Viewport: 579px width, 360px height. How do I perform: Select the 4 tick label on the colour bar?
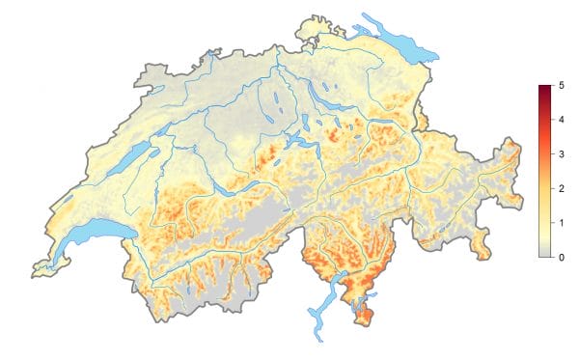(x=561, y=122)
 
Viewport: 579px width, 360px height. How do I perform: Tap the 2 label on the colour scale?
(x=561, y=189)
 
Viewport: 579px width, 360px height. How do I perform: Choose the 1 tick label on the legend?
(x=561, y=223)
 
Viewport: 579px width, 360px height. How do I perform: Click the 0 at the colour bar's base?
(x=561, y=257)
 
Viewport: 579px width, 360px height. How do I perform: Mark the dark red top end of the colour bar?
(x=544, y=89)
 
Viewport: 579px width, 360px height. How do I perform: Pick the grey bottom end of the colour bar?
(x=544, y=255)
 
